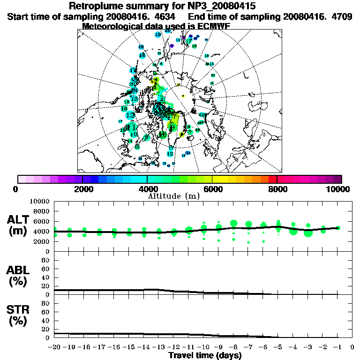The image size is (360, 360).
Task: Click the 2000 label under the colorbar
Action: (82, 189)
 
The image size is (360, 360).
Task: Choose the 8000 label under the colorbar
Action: (277, 189)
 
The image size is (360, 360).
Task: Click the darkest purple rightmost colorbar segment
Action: (337, 179)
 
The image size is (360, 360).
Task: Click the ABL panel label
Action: (19, 276)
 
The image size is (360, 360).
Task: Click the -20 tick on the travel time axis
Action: (54, 347)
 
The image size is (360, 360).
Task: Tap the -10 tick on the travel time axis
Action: (203, 347)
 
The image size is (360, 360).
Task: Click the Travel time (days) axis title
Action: (205, 355)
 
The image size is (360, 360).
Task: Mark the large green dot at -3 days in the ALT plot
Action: (308, 233)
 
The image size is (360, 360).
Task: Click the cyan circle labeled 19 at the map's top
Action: (158, 34)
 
